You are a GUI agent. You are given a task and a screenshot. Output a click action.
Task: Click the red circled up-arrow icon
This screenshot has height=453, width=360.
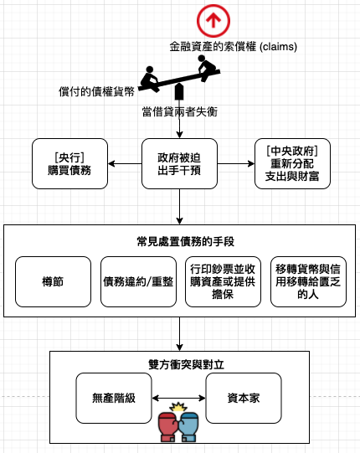pos(213,21)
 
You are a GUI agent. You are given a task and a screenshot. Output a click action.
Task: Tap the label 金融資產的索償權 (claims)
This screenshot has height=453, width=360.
pos(233,47)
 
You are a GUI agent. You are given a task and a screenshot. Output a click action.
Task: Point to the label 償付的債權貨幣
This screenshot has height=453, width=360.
pos(96,91)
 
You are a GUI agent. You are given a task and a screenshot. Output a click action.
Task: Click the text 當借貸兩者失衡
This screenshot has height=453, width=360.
pos(179,112)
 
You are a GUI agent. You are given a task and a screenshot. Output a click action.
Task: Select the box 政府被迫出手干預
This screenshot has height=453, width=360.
pos(179,164)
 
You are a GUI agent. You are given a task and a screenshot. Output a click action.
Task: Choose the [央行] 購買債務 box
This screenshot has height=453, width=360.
pos(69,164)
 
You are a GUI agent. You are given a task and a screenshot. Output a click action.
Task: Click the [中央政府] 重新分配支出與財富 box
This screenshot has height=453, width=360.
pos(292,164)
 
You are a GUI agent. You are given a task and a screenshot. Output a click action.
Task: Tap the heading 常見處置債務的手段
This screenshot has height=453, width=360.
pos(186,241)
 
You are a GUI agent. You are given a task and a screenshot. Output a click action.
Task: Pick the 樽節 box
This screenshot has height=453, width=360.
pos(53,281)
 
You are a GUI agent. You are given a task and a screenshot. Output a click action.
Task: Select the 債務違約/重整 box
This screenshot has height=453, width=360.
pos(138,281)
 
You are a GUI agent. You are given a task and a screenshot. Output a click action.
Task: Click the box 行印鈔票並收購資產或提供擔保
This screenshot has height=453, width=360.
pos(223,281)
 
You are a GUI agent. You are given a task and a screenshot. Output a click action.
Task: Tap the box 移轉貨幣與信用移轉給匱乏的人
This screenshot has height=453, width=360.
pos(308,281)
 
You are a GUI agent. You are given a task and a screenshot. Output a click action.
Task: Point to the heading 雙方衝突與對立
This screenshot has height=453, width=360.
pos(186,364)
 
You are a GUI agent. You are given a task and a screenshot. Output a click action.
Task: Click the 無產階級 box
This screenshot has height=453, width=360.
pos(114,398)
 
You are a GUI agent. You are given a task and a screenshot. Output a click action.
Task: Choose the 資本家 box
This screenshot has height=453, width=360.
pos(244,398)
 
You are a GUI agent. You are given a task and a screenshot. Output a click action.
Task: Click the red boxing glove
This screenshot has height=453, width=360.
pos(168,427)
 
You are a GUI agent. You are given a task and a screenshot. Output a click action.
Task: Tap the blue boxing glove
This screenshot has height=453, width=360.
pos(188,427)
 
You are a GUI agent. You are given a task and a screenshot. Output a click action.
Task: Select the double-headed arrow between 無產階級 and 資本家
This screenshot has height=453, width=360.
pos(178,399)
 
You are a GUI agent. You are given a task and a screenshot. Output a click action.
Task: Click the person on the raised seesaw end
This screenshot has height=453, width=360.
pos(206,67)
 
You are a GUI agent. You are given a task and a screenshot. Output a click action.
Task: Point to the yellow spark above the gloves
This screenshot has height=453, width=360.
pos(178,407)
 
